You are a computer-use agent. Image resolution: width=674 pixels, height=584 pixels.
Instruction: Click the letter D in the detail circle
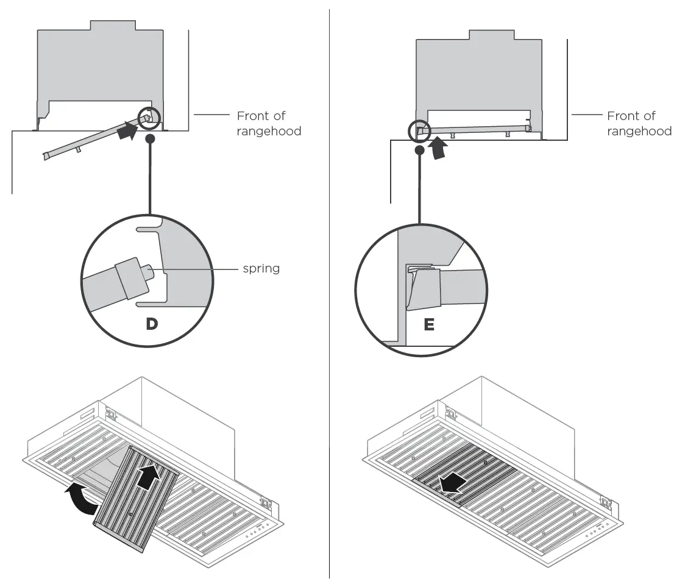[151, 324]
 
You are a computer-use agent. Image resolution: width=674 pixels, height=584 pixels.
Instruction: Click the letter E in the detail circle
[429, 325]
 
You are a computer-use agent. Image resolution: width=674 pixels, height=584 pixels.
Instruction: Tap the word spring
[261, 268]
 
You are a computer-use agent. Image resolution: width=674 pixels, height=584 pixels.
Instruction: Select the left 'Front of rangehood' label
[269, 123]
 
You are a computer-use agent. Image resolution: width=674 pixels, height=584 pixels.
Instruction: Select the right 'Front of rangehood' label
[639, 123]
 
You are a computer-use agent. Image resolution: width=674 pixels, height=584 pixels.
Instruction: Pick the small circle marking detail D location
[149, 118]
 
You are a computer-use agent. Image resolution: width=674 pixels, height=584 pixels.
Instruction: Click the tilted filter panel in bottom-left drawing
[136, 497]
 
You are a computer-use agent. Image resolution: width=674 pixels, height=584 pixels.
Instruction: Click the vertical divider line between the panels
[330, 293]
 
